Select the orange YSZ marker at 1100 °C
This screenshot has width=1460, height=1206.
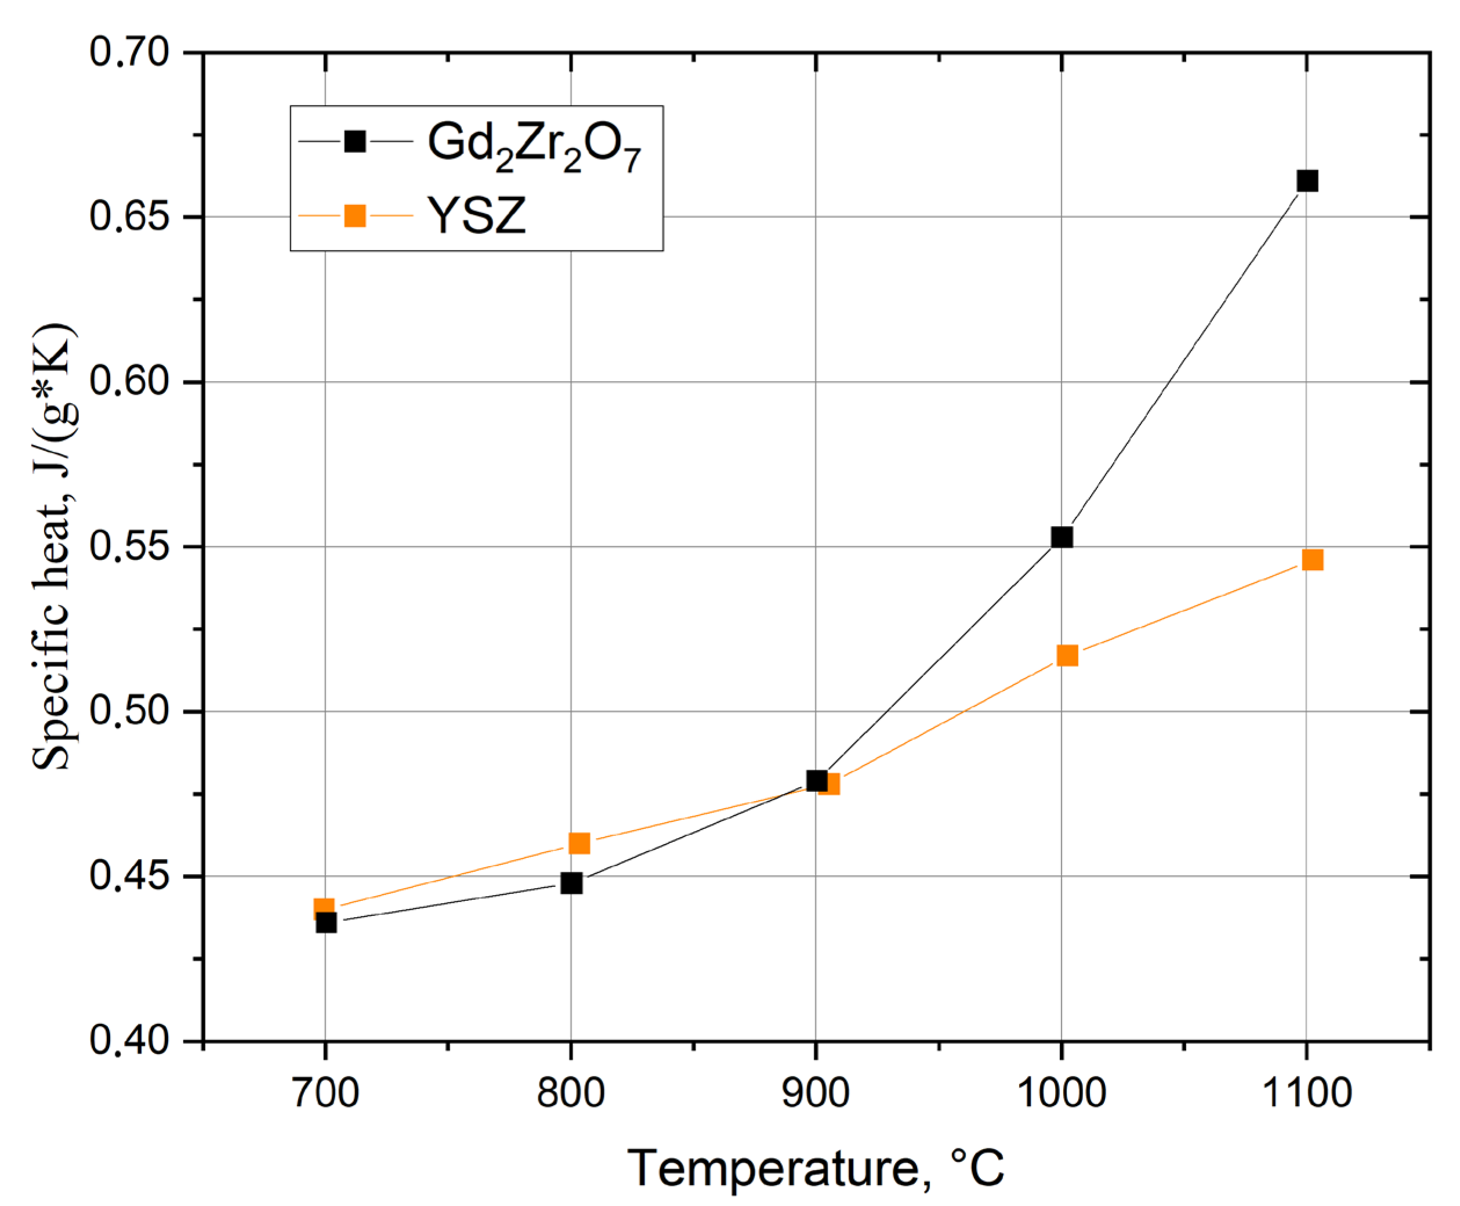tap(1312, 560)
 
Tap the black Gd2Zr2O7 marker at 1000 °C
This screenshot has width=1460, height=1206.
tap(1062, 537)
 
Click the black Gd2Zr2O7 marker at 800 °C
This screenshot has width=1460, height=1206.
tap(571, 883)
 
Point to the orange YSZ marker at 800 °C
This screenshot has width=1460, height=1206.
tap(578, 843)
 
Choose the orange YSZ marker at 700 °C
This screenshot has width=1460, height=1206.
tap(324, 908)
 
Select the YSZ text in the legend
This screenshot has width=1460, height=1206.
tap(476, 216)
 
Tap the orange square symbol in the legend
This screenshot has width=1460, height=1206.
tap(355, 216)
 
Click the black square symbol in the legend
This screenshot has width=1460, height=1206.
tap(355, 142)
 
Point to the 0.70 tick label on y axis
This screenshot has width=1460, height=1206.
tap(130, 53)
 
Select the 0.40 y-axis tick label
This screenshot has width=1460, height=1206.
tap(130, 1041)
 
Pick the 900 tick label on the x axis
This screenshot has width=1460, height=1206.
tap(816, 1093)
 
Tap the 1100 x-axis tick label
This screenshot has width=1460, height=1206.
tap(1306, 1093)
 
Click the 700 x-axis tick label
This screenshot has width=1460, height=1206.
tap(324, 1093)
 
